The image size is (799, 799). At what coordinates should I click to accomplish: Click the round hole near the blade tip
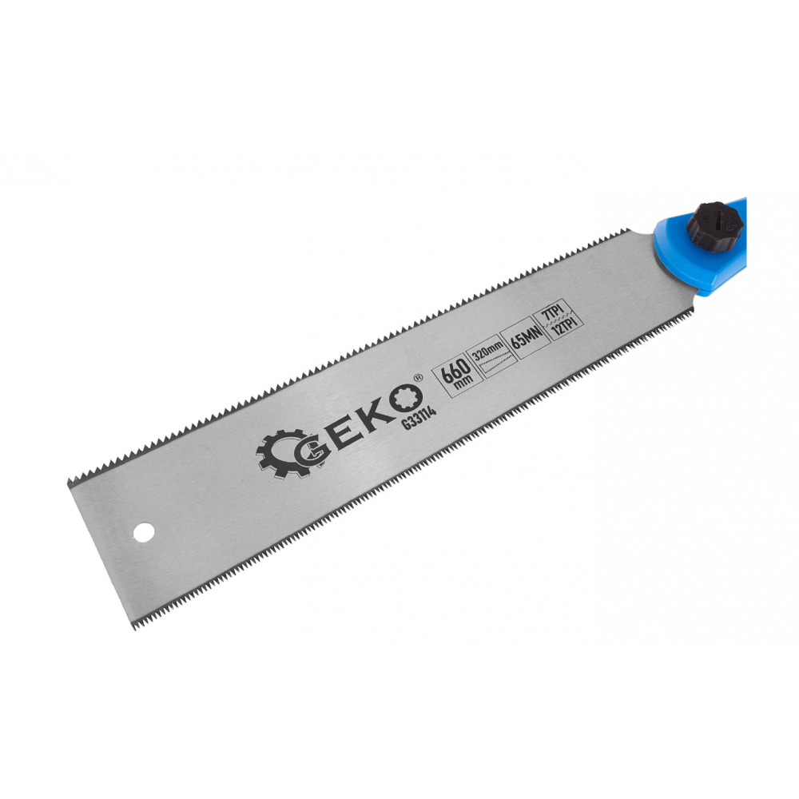click(x=144, y=531)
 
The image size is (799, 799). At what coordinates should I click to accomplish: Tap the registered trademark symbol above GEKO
click(x=419, y=378)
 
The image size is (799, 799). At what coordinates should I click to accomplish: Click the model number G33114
click(x=419, y=417)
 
